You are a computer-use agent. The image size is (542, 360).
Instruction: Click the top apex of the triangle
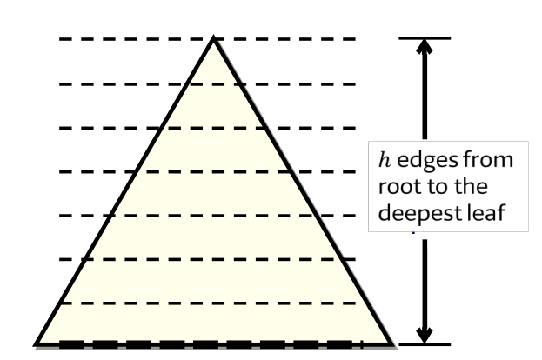[214, 39]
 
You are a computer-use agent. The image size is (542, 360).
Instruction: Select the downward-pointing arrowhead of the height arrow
[424, 334]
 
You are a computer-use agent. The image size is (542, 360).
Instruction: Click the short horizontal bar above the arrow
[424, 38]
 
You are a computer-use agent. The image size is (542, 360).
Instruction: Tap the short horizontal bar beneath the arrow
[424, 343]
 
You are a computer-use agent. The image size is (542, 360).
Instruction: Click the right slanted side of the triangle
[302, 190]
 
